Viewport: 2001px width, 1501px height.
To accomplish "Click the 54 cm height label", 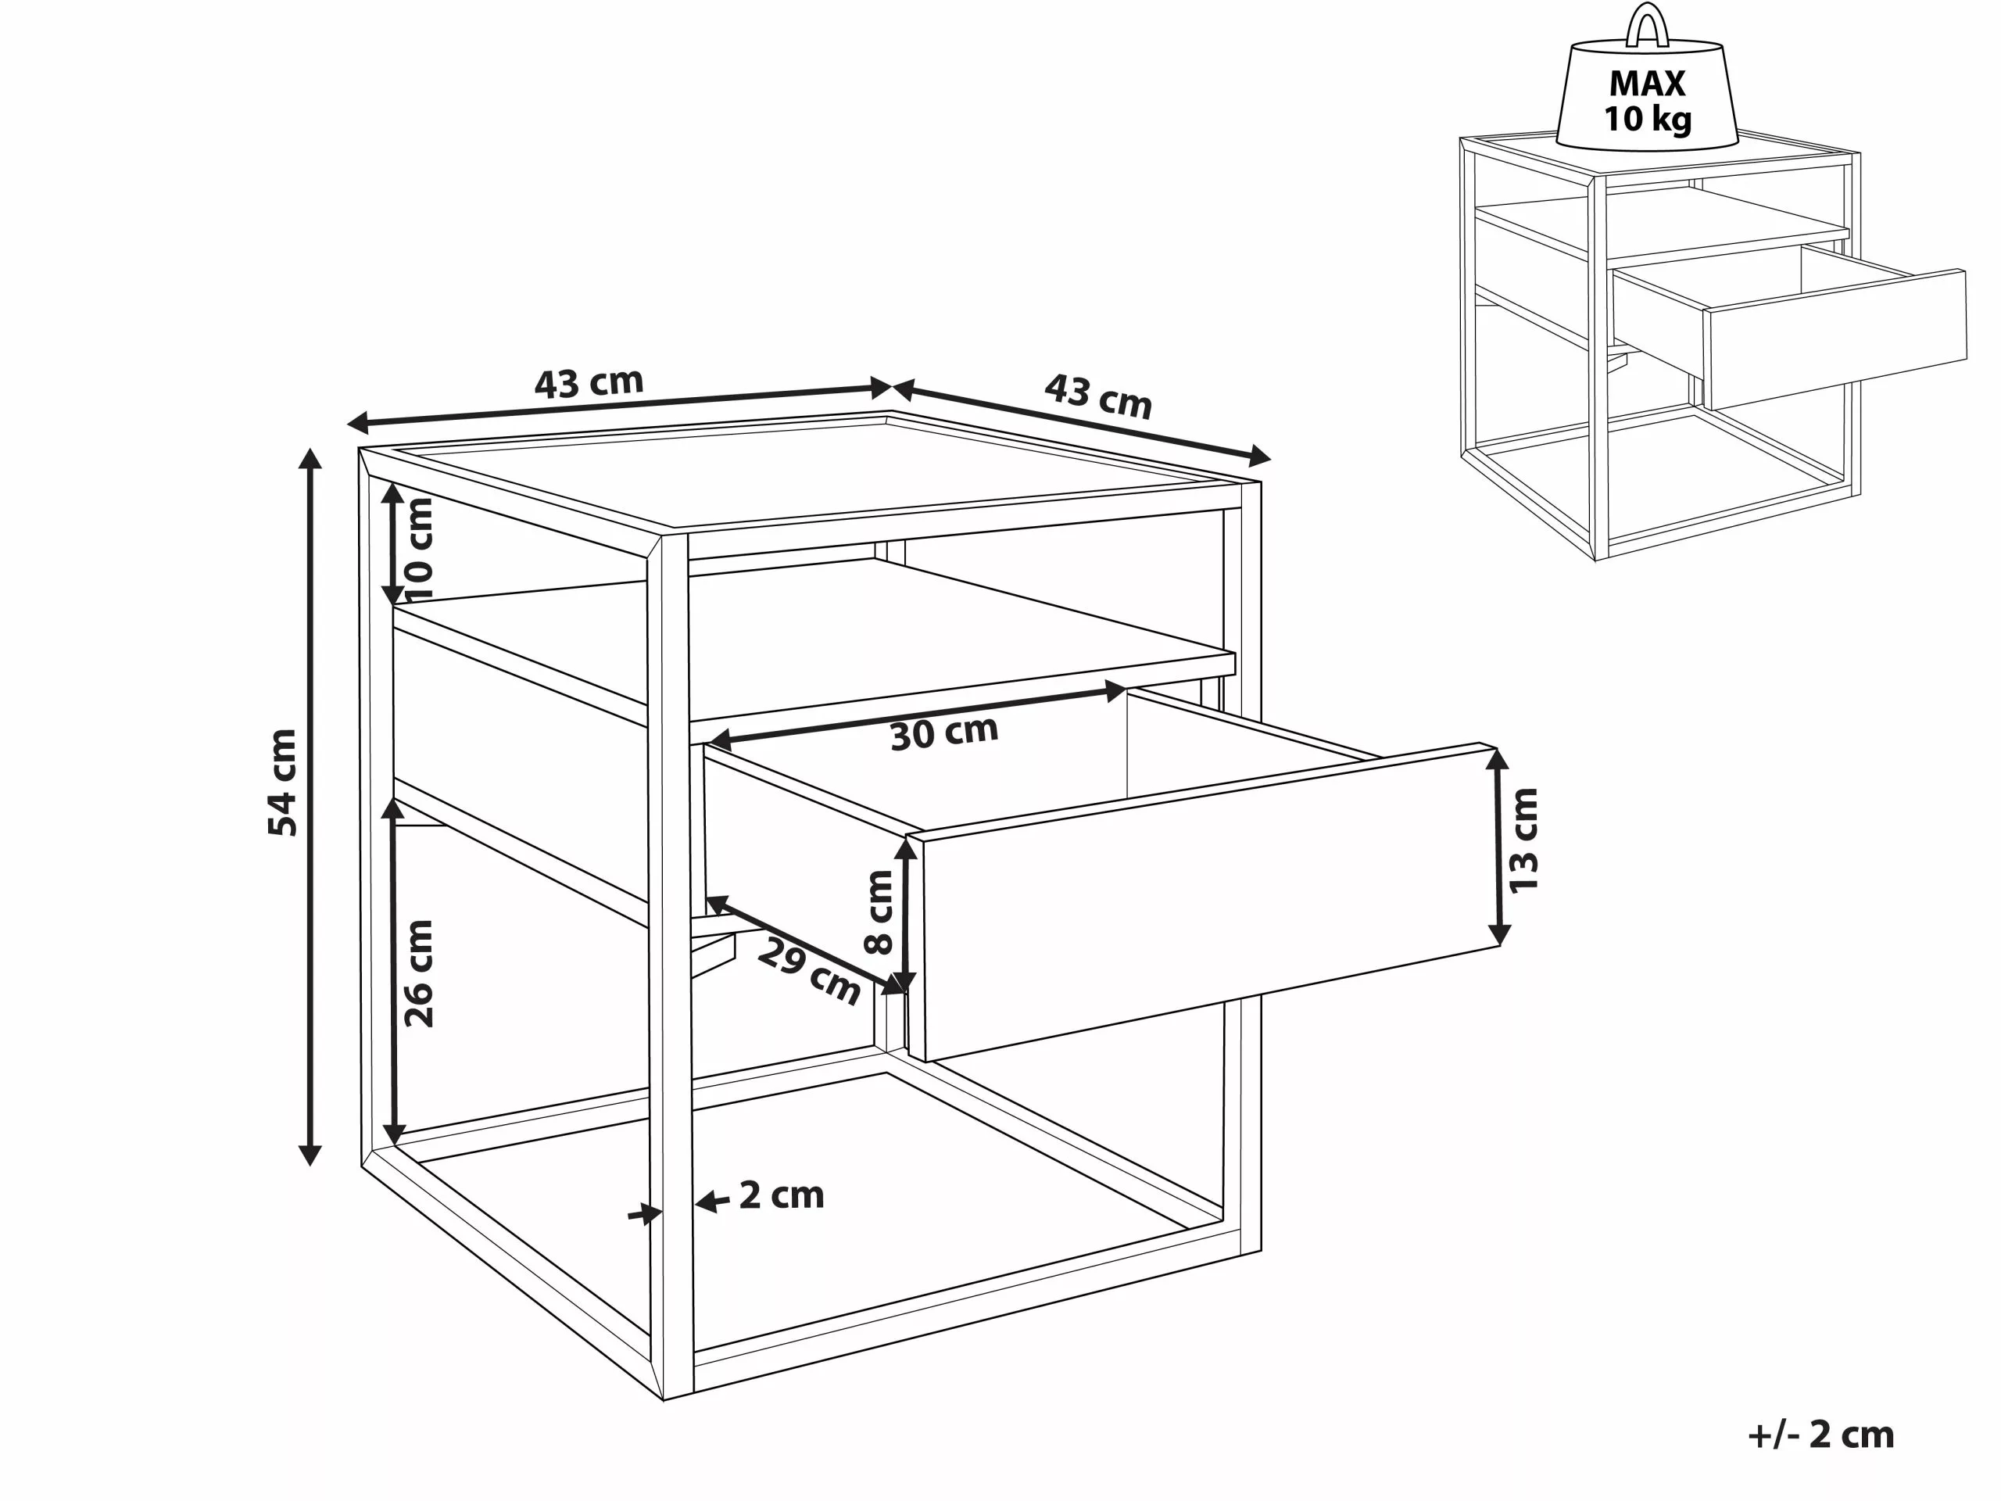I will coord(282,783).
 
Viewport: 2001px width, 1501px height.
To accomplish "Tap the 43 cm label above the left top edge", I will coord(589,383).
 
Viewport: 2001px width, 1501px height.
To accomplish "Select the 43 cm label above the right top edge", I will coord(1097,396).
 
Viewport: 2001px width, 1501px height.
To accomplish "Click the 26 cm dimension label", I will coord(419,973).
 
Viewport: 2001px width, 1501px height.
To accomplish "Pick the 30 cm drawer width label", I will coord(943,733).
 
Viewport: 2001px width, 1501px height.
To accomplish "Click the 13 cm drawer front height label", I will coord(1523,840).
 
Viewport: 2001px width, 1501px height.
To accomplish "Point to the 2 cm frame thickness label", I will coord(782,1195).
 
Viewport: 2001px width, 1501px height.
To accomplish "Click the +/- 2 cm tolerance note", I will coord(1821,1434).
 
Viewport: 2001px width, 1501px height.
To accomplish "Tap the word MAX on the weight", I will coord(1647,83).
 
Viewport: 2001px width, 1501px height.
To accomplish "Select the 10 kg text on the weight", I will coord(1647,119).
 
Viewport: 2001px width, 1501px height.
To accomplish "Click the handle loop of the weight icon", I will coord(1647,25).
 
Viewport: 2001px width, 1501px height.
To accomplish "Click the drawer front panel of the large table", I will coord(1203,905).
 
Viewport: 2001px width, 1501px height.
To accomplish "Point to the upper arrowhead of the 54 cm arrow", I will coord(310,458).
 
